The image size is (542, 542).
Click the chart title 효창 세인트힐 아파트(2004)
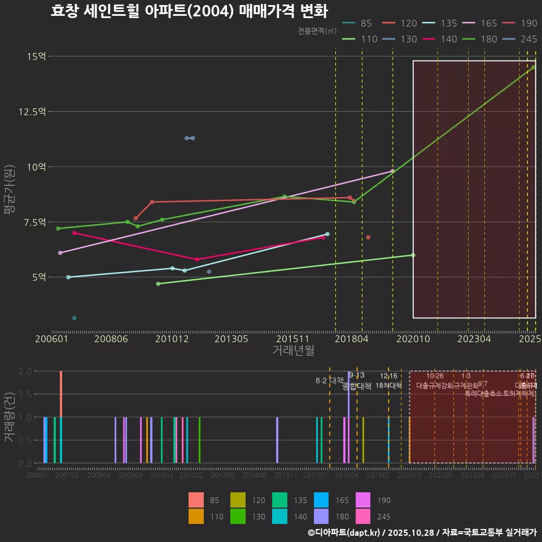pyautogui.click(x=189, y=11)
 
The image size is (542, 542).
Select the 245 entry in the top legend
pyautogui.click(x=528, y=39)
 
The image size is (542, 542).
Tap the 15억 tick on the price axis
pyautogui.click(x=36, y=56)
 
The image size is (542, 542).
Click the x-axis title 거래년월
pyautogui.click(x=293, y=350)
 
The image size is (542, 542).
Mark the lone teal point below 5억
pyautogui.click(x=75, y=318)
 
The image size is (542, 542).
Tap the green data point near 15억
pyautogui.click(x=533, y=67)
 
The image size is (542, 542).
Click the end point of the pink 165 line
pyautogui.click(x=392, y=171)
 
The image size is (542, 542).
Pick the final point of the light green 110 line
pyautogui.click(x=413, y=255)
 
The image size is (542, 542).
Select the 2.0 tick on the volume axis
pyautogui.click(x=24, y=371)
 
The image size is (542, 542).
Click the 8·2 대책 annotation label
pyautogui.click(x=330, y=381)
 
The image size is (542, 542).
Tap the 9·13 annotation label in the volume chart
pyautogui.click(x=356, y=375)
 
